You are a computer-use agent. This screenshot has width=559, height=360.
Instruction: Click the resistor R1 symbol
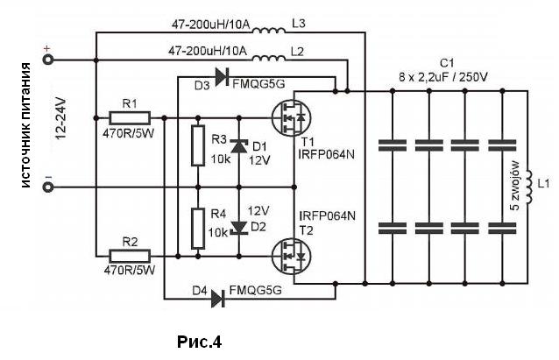(130, 118)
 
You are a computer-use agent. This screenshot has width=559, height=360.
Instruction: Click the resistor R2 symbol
(130, 256)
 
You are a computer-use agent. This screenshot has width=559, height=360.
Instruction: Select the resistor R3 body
(198, 145)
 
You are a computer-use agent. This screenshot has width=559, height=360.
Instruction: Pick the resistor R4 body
(198, 229)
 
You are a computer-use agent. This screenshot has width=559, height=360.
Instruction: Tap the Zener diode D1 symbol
(239, 146)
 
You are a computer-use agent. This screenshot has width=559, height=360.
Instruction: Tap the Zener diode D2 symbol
(239, 228)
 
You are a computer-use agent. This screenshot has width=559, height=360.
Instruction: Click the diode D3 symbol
(223, 76)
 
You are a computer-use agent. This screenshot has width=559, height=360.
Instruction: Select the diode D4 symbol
(218, 299)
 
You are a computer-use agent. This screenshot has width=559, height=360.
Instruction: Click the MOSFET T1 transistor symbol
(291, 117)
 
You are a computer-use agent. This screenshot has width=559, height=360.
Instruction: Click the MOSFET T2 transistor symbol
(291, 256)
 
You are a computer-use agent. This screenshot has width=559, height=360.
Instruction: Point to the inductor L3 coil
(269, 31)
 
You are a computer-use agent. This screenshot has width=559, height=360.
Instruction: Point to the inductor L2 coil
(269, 58)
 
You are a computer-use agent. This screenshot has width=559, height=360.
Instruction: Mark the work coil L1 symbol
(528, 187)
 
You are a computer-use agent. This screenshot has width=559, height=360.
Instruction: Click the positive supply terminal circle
(48, 60)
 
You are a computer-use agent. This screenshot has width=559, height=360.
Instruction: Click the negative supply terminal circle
(48, 187)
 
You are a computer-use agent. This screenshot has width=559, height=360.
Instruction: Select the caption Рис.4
(199, 342)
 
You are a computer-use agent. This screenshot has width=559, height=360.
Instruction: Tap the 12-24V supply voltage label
(61, 118)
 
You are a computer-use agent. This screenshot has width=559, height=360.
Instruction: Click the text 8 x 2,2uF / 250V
(442, 77)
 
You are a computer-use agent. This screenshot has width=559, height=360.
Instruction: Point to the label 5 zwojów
(516, 186)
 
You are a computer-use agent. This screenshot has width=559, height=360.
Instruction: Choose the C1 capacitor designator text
(447, 63)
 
